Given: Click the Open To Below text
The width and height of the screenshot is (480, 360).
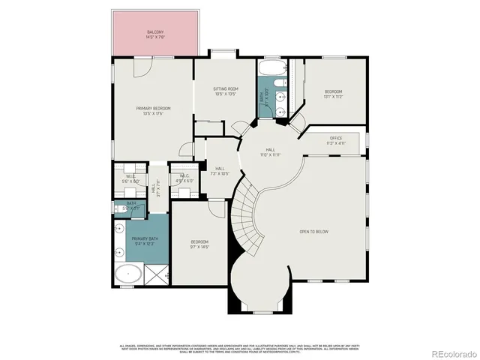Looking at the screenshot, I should click(x=314, y=232).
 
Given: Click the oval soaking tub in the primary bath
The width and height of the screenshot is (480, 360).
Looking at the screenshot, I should click(x=129, y=274).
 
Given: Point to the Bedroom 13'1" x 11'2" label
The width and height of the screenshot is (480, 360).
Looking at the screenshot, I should click(x=332, y=94).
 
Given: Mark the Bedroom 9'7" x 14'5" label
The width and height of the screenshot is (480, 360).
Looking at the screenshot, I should click(x=198, y=244).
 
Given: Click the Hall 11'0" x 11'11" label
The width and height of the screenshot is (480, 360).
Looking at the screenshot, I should click(x=270, y=152).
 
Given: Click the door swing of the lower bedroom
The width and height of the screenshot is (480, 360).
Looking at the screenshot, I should click(x=217, y=208).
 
